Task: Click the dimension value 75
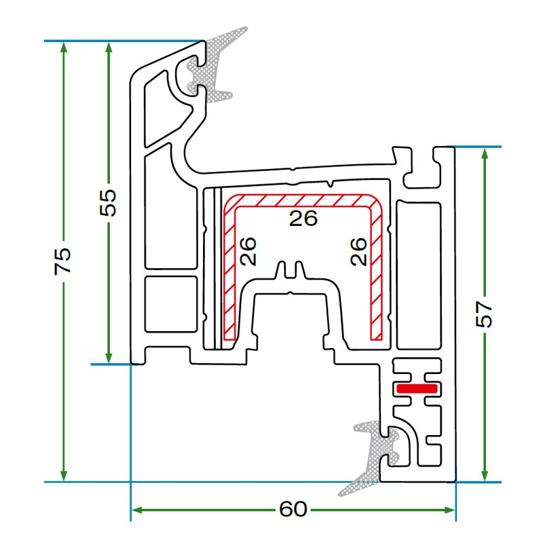63,261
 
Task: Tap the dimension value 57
485,313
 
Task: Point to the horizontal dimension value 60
293,508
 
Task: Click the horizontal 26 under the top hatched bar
303,218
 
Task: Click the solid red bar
417,388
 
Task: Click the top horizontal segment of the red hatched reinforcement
303,202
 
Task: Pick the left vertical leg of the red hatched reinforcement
229,271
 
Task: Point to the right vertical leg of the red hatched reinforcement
377,271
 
